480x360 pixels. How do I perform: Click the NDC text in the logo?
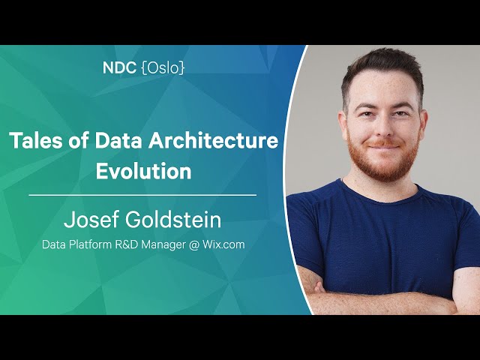pyautogui.click(x=119, y=68)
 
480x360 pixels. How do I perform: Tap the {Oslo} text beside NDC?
pyautogui.click(x=163, y=68)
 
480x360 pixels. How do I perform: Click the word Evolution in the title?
pyautogui.click(x=143, y=171)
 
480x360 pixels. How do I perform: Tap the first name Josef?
pyautogui.click(x=91, y=219)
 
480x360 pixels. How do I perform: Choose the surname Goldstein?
pyautogui.click(x=173, y=219)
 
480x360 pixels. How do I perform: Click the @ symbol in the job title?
pyautogui.click(x=194, y=245)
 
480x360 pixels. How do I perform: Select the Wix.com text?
pyautogui.click(x=223, y=245)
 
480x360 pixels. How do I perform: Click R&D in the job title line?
pyautogui.click(x=127, y=245)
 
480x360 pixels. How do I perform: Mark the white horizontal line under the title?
pyautogui.click(x=142, y=195)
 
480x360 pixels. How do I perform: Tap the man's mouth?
pyautogui.click(x=385, y=147)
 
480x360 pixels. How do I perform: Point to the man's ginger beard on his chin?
pyautogui.click(x=384, y=166)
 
